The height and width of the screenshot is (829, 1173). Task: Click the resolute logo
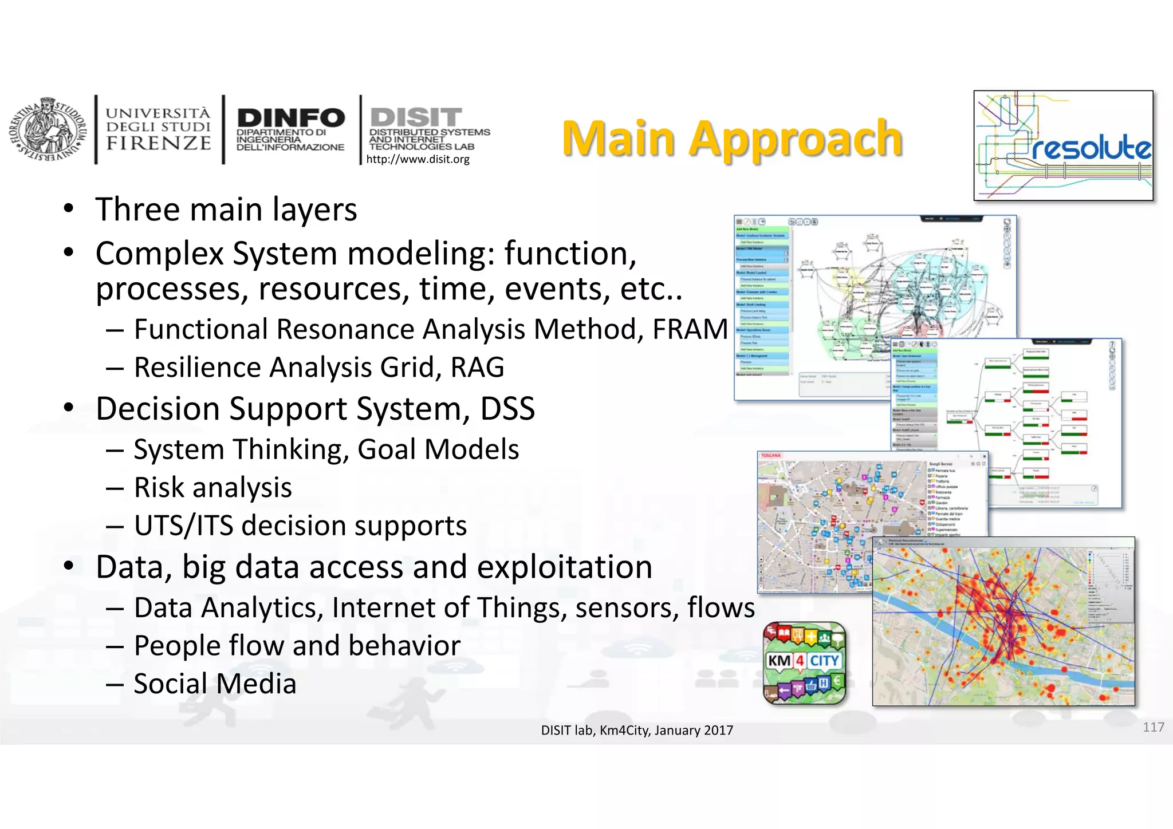(1063, 145)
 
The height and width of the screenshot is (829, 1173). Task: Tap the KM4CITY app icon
(805, 662)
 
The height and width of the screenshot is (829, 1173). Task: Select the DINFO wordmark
(290, 118)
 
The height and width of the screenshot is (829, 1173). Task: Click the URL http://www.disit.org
(418, 159)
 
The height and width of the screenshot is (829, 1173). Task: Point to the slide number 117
(1153, 727)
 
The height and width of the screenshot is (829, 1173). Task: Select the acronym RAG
(477, 368)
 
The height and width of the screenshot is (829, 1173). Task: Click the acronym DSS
(507, 409)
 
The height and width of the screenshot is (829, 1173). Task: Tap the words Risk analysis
(212, 488)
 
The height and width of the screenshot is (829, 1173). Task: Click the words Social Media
(215, 684)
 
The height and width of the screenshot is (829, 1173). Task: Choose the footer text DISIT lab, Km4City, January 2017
(637, 730)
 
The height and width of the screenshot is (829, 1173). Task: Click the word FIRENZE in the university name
(159, 143)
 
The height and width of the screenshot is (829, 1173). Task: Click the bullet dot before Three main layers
(69, 208)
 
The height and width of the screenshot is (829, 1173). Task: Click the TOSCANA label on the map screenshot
(770, 456)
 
